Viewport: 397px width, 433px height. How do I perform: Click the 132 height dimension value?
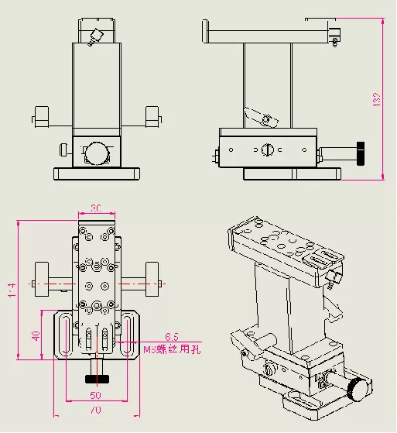pyautogui.click(x=378, y=98)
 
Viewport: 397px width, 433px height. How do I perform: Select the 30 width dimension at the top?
pyautogui.click(x=97, y=208)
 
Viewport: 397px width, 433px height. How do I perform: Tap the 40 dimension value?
pyautogui.click(x=35, y=335)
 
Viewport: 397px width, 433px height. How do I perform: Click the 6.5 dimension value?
pyautogui.click(x=171, y=337)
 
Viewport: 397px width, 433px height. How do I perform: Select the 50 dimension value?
pyautogui.click(x=94, y=395)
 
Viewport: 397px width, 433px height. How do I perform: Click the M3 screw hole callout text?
pyautogui.click(x=173, y=350)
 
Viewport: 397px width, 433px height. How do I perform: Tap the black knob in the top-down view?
pyautogui.click(x=97, y=379)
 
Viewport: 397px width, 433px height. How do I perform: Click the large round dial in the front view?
pyautogui.click(x=97, y=152)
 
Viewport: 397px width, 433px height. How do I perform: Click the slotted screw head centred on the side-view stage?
pyautogui.click(x=267, y=149)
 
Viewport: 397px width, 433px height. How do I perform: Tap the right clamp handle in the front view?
pyautogui.click(x=153, y=116)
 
